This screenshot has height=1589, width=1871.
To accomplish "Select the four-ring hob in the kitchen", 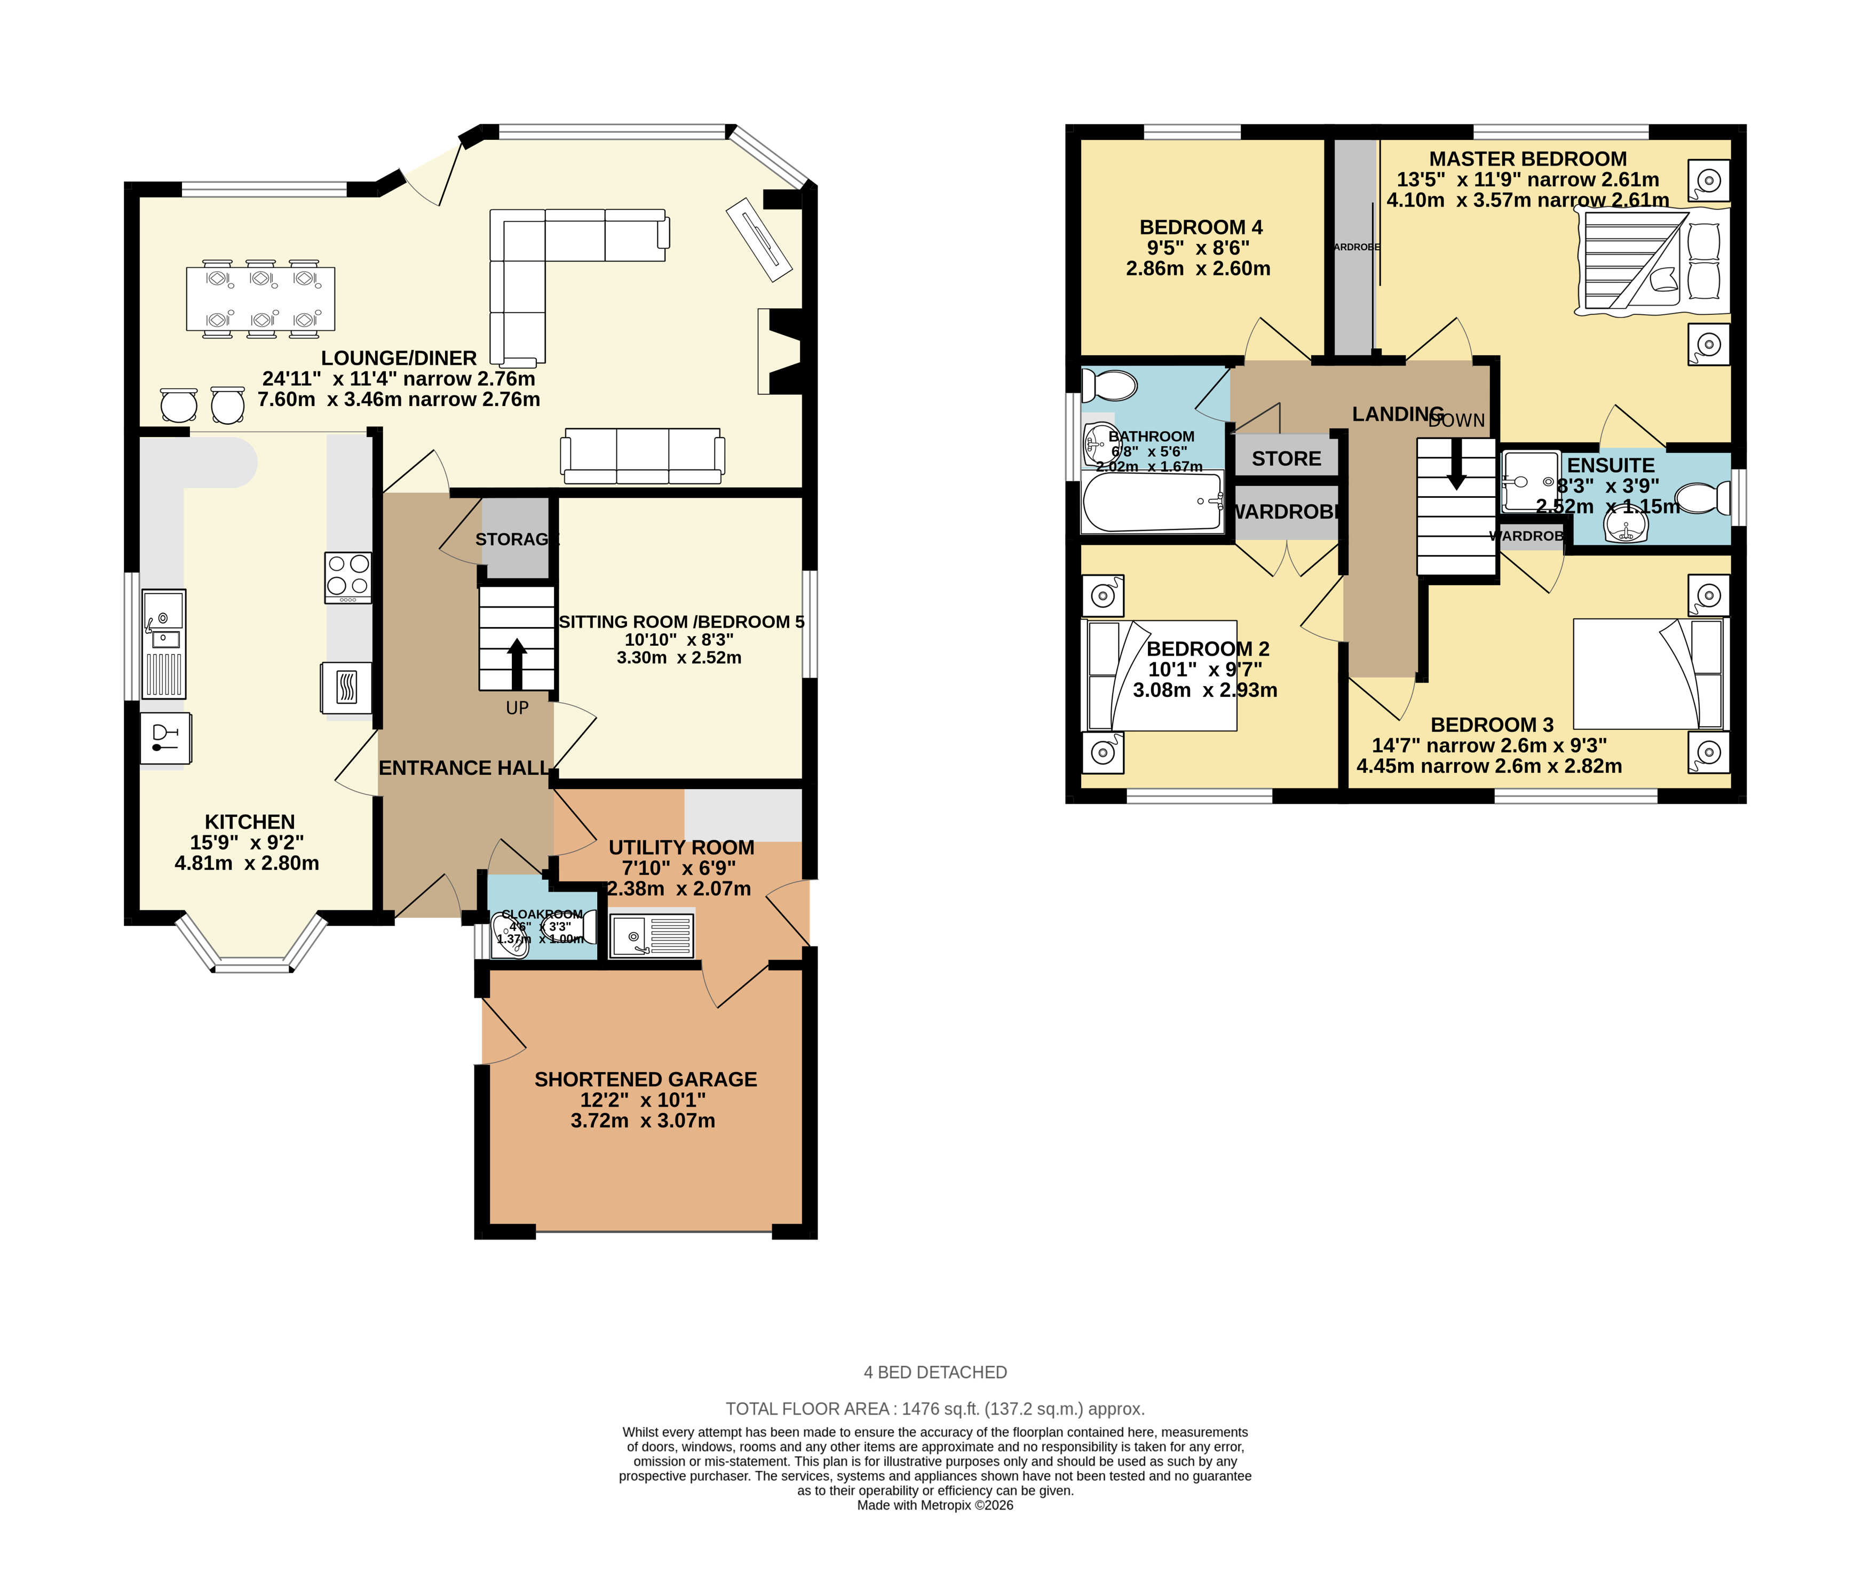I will pyautogui.click(x=348, y=576).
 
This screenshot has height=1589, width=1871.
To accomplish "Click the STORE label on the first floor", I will pyautogui.click(x=1286, y=458).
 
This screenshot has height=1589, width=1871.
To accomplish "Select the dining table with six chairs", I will pyautogui.click(x=260, y=298).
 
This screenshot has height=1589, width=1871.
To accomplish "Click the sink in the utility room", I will pyautogui.click(x=651, y=935).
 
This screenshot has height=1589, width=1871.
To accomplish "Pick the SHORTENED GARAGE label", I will pyautogui.click(x=645, y=1079).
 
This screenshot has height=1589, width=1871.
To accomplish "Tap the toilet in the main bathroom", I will pyautogui.click(x=1110, y=386).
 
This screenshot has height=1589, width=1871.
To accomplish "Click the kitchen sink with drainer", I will pyautogui.click(x=164, y=643).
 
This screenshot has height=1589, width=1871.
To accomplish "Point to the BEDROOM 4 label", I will pyautogui.click(x=1200, y=227).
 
